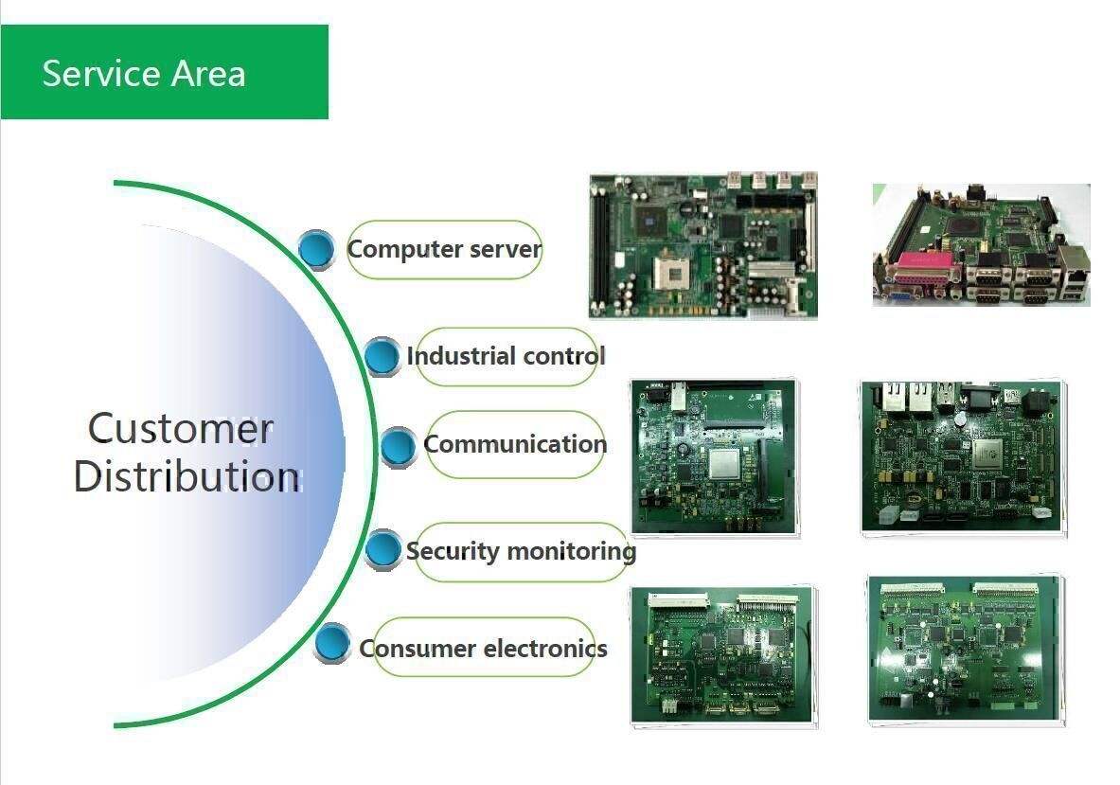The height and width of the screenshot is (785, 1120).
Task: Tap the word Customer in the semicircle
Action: click(x=180, y=429)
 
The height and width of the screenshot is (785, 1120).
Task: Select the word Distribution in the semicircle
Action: click(x=187, y=475)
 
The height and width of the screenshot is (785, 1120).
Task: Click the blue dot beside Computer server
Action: click(x=316, y=249)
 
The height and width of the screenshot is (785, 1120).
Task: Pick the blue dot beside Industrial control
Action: click(x=382, y=356)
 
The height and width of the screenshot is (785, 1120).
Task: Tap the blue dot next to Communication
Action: click(x=398, y=446)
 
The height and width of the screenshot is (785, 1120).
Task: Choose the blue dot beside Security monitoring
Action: click(x=382, y=549)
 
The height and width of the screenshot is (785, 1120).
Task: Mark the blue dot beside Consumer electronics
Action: click(x=332, y=644)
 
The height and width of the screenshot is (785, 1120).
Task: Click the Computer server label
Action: click(x=444, y=249)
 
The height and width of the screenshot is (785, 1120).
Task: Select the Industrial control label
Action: click(x=506, y=356)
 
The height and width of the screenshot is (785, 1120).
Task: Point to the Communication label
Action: click(x=515, y=444)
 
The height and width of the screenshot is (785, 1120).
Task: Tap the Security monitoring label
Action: click(x=521, y=550)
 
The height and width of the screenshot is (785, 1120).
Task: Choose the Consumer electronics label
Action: click(x=483, y=648)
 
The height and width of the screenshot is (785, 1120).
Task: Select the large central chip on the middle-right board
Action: click(x=987, y=453)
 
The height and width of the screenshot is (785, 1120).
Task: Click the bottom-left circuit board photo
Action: click(x=724, y=655)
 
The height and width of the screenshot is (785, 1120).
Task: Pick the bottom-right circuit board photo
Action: click(x=966, y=650)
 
